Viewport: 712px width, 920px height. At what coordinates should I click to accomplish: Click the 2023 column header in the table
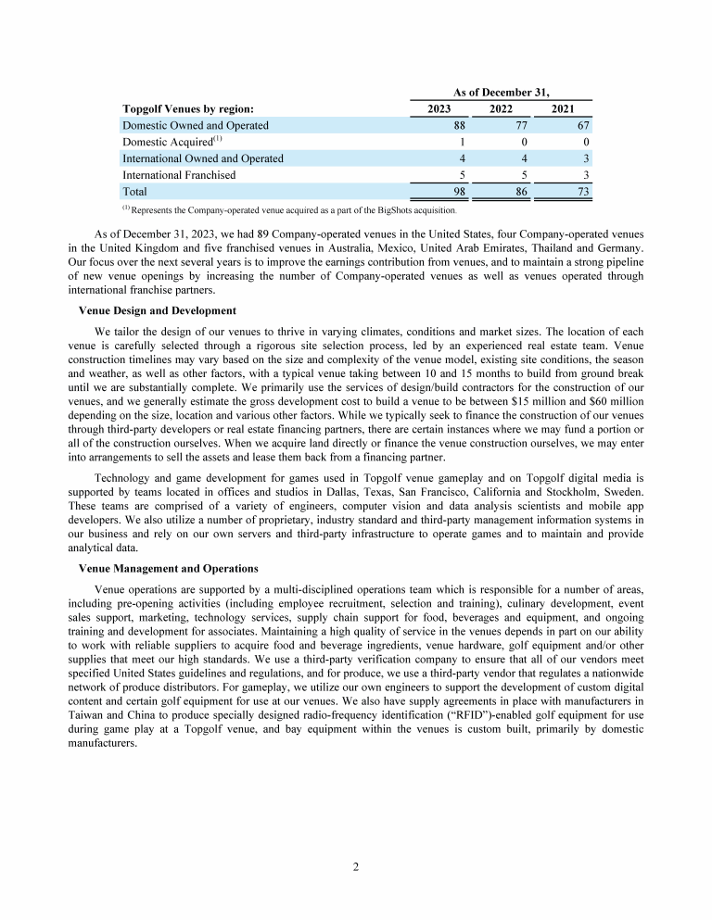pyautogui.click(x=438, y=108)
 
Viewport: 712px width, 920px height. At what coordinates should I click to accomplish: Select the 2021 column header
pyautogui.click(x=562, y=108)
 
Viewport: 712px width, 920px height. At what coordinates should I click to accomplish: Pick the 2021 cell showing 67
pyautogui.click(x=582, y=125)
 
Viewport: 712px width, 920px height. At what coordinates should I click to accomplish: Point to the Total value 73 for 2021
pyautogui.click(x=582, y=191)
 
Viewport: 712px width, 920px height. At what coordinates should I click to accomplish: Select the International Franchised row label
pyautogui.click(x=179, y=174)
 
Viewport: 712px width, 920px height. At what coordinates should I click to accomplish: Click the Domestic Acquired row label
pyautogui.click(x=172, y=141)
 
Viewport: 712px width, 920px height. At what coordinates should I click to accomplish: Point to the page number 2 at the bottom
pyautogui.click(x=356, y=867)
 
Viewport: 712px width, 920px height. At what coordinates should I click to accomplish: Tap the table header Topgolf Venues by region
pyautogui.click(x=188, y=108)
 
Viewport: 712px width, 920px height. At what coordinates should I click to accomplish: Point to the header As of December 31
pyautogui.click(x=502, y=91)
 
